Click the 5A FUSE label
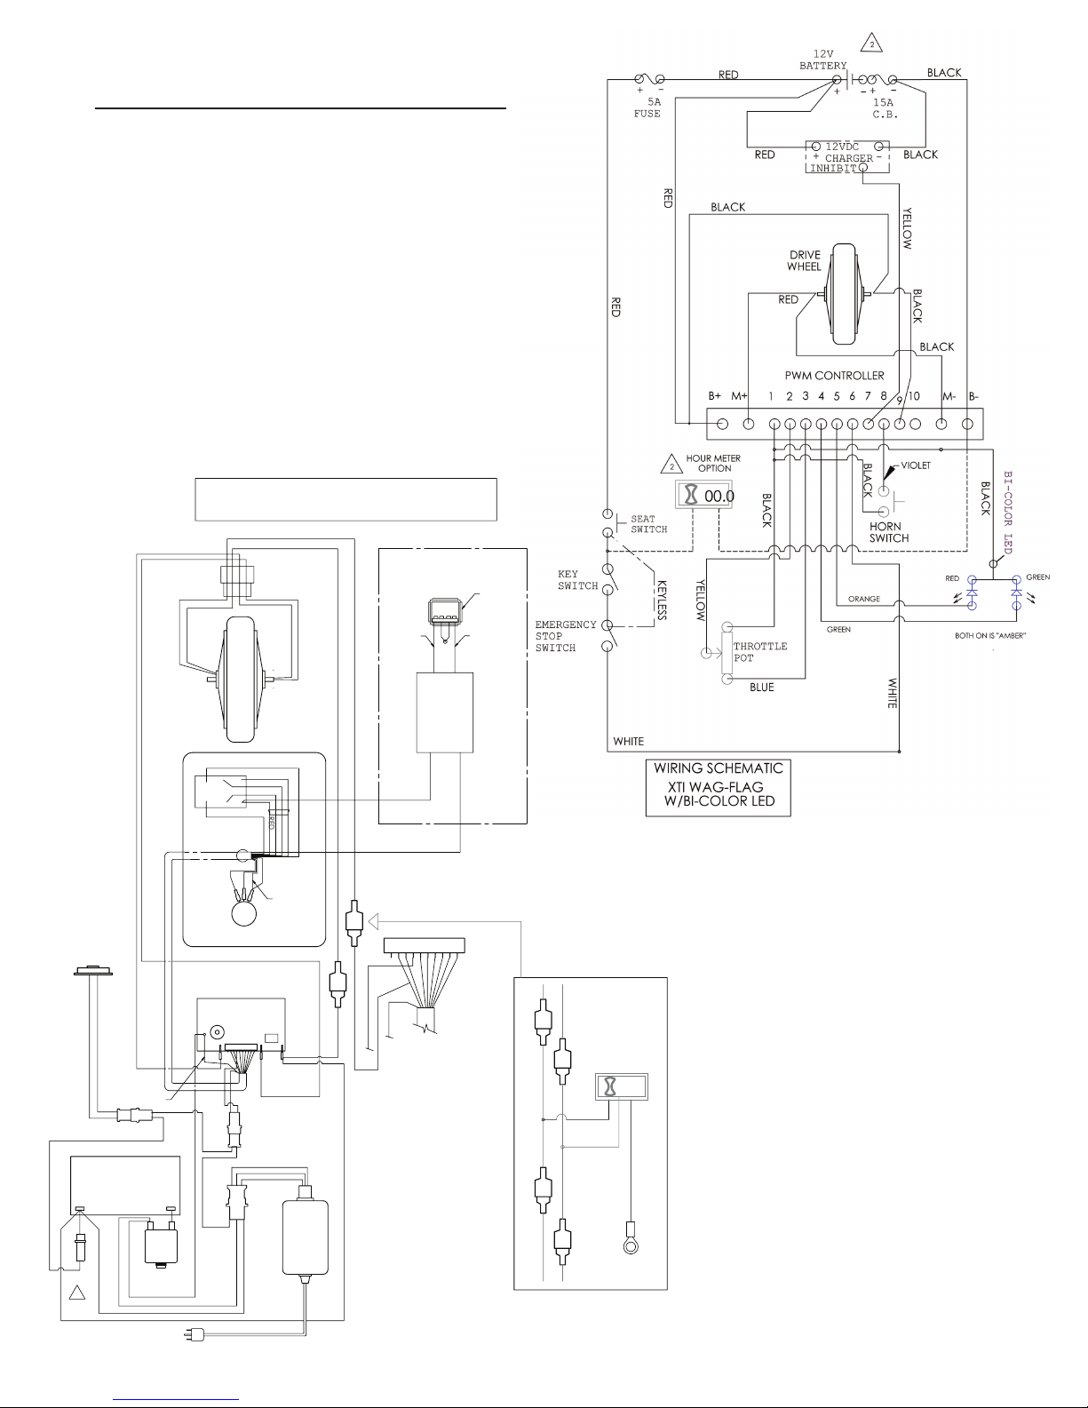[x=647, y=107]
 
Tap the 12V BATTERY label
[x=822, y=60]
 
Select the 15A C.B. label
[x=884, y=108]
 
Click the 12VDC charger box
[x=847, y=157]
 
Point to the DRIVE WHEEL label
[x=805, y=260]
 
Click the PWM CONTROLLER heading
[x=834, y=376]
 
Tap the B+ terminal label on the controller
[x=714, y=396]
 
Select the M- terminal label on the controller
[x=949, y=396]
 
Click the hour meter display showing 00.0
[x=704, y=496]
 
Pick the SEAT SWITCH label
[x=649, y=524]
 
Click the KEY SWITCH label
[x=577, y=580]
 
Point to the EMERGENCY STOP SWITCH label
[x=566, y=636]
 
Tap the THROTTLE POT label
[x=760, y=652]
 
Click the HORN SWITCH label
[x=889, y=532]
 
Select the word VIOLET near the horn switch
[x=916, y=465]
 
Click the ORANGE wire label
[x=864, y=599]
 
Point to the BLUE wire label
[x=762, y=688]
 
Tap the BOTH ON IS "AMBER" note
[x=990, y=636]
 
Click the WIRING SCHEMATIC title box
[x=719, y=788]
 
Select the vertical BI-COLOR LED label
[x=1008, y=512]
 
